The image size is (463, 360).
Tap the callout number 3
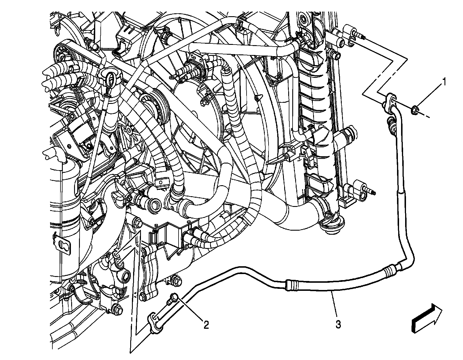point(338,324)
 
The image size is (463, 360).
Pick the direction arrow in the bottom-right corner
point(427,318)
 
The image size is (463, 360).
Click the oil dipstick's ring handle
point(110,79)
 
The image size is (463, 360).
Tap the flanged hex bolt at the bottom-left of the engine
point(117,309)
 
